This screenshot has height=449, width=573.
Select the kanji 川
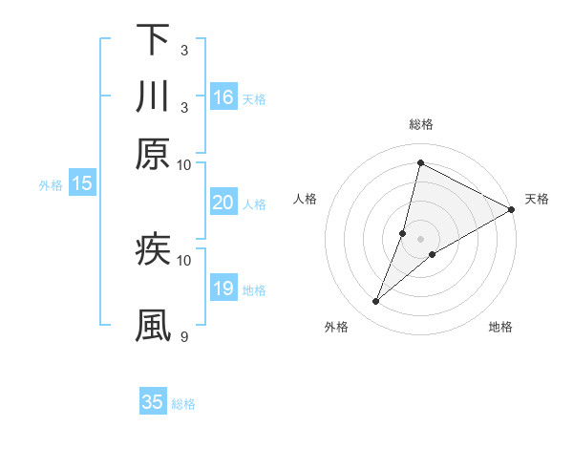coord(152,96)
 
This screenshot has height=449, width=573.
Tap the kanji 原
coord(152,154)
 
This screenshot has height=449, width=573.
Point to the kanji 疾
coord(152,249)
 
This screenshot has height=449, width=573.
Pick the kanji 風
coord(152,326)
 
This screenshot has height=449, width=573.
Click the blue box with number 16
coord(223,96)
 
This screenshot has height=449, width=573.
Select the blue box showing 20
coord(223,203)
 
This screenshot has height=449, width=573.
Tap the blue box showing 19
coord(223,289)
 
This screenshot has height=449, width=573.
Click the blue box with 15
coord(81,184)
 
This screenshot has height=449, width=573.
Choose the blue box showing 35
coord(153,402)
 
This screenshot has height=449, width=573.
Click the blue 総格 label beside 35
coord(183,403)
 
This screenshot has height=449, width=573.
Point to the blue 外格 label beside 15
coord(51,185)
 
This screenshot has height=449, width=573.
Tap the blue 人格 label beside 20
coord(254,203)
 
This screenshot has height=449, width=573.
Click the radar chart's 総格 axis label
coord(420,124)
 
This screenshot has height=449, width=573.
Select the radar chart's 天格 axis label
coord(537,199)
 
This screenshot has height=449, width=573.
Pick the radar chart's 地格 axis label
coord(500,327)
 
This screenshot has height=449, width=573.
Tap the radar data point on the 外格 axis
coord(376,302)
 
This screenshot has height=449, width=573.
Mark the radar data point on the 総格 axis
coord(420,163)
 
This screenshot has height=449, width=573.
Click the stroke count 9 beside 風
coord(183,336)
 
